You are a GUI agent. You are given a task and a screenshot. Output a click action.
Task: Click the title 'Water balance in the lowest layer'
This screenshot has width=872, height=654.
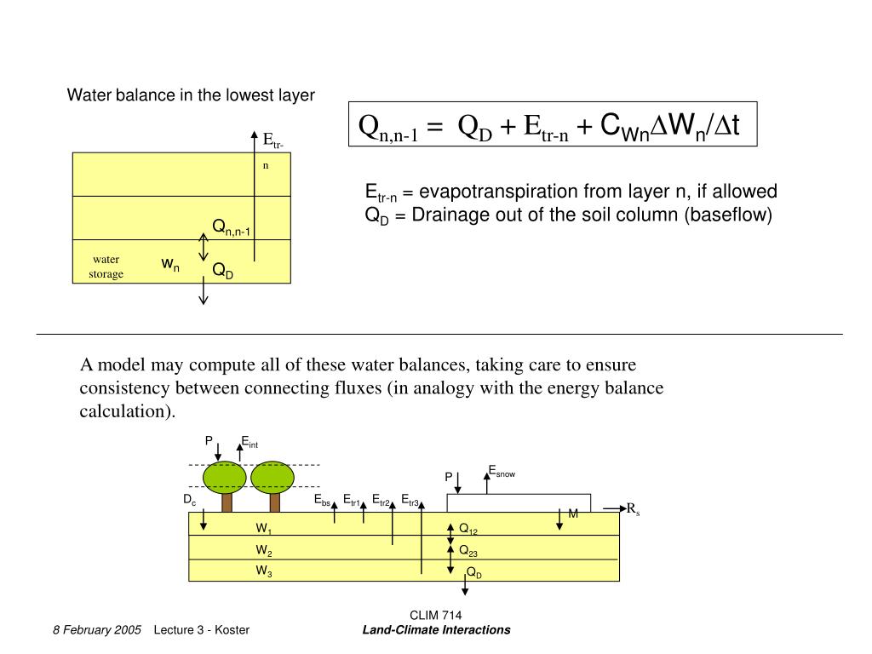tap(191, 95)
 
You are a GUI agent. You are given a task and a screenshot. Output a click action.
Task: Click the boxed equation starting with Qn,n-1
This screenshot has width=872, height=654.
tap(552, 127)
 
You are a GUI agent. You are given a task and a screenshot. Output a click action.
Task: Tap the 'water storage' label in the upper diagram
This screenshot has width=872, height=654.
tap(106, 267)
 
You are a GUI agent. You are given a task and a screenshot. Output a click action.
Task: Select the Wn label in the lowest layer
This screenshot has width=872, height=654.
tap(170, 266)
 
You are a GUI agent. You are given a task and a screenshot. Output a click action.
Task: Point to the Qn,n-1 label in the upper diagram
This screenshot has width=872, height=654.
tap(232, 227)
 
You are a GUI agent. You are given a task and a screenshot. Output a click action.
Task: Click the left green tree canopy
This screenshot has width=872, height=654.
tap(226, 478)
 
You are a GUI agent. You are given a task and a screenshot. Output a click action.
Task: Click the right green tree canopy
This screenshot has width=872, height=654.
tap(272, 478)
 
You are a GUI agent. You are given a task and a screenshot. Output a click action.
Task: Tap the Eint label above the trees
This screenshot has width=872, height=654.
tap(249, 441)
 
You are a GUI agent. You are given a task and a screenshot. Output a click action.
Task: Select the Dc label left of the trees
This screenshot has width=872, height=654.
tap(190, 501)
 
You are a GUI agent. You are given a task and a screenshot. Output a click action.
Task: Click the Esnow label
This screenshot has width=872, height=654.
tap(502, 470)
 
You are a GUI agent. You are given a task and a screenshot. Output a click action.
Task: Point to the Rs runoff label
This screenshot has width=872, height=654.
tap(633, 509)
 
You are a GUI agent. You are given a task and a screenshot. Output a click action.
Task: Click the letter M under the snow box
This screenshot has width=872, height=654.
tap(573, 513)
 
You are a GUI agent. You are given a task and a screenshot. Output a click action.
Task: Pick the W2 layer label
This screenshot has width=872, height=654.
tap(264, 550)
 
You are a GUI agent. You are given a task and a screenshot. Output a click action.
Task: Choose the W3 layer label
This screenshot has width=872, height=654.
tap(264, 571)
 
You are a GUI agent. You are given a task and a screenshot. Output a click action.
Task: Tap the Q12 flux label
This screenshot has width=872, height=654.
tap(468, 530)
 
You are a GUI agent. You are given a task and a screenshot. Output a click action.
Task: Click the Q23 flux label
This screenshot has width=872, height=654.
tap(468, 551)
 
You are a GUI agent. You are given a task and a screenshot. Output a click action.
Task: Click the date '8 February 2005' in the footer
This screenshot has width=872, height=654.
tap(96, 630)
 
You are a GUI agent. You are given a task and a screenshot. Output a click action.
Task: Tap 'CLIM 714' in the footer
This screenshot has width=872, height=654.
tap(436, 616)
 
